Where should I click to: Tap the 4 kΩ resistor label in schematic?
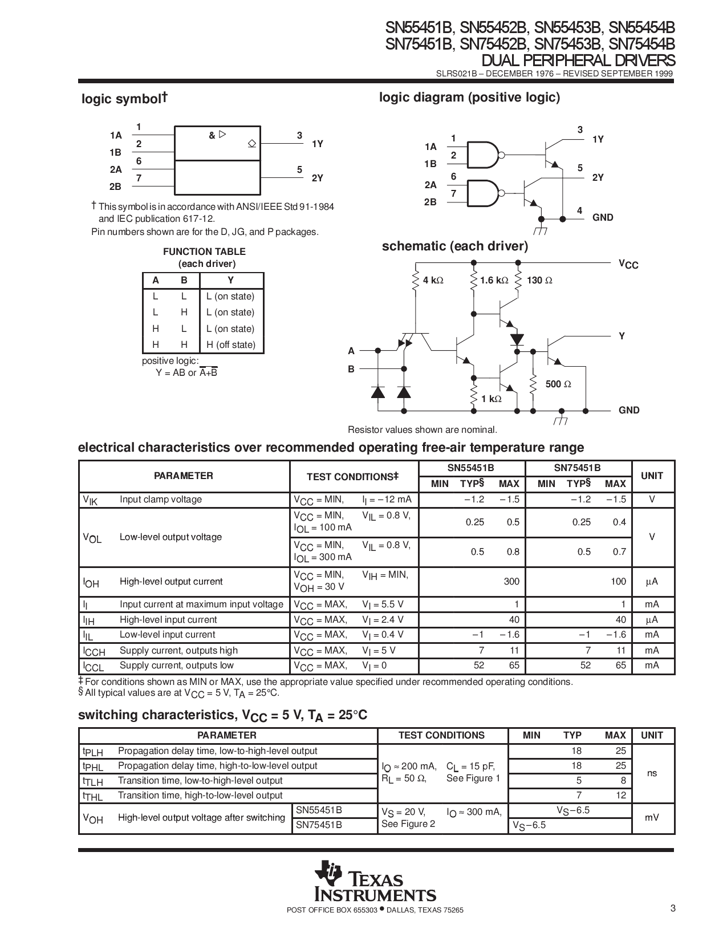point(433,281)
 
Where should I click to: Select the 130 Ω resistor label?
point(540,281)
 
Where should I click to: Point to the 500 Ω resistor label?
point(558,384)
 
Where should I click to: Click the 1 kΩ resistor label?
point(491,399)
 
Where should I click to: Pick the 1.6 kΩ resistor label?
point(494,281)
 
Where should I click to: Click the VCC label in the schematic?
point(628,264)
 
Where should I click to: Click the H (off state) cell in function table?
point(231,344)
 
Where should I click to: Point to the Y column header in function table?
point(230,281)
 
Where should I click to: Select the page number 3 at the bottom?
point(673,908)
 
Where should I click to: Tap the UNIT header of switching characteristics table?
point(652,735)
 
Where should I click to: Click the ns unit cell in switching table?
point(652,773)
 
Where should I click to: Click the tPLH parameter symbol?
point(92,752)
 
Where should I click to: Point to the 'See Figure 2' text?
point(408,824)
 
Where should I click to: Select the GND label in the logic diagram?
point(603,217)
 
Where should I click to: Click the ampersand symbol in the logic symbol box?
point(212,136)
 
